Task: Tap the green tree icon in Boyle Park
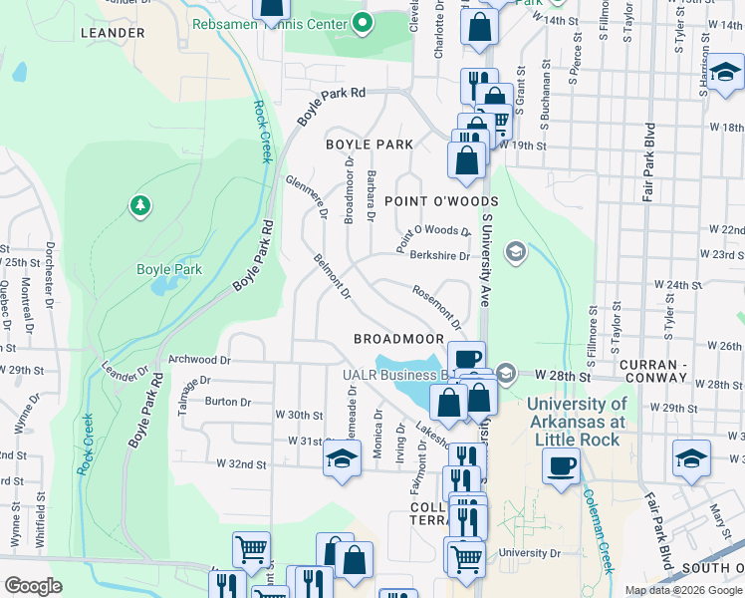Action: (x=140, y=206)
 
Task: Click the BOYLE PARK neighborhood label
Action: (x=370, y=145)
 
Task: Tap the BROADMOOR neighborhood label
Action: (x=398, y=339)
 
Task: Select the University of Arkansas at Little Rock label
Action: (x=577, y=422)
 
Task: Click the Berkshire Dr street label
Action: (x=439, y=256)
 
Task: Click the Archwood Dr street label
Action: (x=199, y=360)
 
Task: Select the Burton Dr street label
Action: (x=227, y=402)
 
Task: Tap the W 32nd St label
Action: (x=242, y=464)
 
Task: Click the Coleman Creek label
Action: (x=597, y=530)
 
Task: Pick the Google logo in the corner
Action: (x=33, y=585)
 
